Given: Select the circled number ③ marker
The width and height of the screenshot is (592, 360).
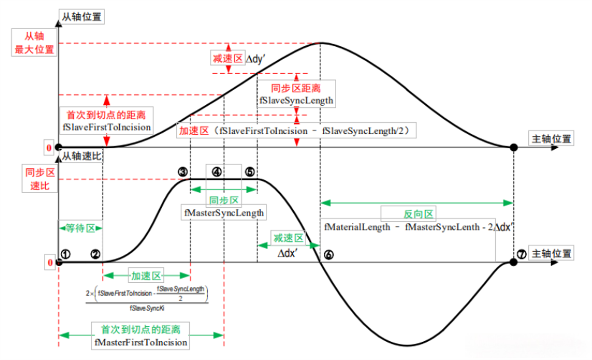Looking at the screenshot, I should (x=183, y=172).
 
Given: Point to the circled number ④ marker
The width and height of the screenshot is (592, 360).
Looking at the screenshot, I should (x=217, y=172).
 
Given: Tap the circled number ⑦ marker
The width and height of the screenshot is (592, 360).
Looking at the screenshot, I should (x=522, y=254).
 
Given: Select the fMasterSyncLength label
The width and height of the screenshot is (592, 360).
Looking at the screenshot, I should (x=224, y=213).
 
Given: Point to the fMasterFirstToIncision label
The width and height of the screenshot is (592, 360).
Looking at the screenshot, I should (x=141, y=342).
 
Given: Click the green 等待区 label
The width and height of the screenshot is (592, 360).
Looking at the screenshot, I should (x=81, y=228).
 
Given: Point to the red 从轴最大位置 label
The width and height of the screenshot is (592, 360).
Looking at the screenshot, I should (x=34, y=43).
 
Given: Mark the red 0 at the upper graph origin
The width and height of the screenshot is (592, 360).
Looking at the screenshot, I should (x=49, y=147).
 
